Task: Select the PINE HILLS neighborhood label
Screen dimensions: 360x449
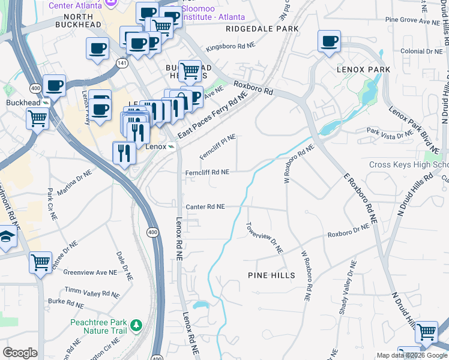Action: point(271,275)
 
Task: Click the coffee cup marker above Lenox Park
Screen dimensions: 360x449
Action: point(328,41)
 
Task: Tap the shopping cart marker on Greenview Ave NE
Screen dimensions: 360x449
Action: point(40,262)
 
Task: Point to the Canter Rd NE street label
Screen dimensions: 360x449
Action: point(205,206)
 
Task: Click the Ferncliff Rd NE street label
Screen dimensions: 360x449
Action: point(207,172)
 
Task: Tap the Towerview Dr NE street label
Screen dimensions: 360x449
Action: point(264,238)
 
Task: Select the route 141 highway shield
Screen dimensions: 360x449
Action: point(122,63)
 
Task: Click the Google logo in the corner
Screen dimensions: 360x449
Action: point(20,353)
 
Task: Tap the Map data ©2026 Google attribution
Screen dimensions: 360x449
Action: point(411,355)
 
